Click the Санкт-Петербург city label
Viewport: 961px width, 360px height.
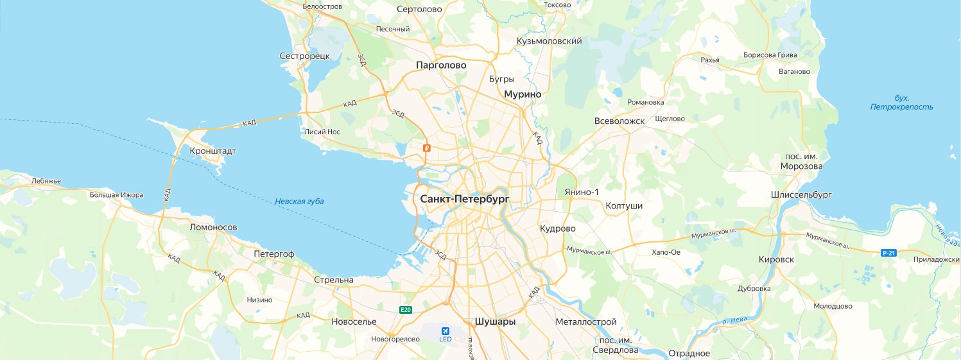click(465, 200)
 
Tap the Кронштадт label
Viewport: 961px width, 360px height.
click(213, 151)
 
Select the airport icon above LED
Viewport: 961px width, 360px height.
click(445, 330)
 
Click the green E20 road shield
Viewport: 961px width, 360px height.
click(405, 310)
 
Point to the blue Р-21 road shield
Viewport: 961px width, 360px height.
click(888, 253)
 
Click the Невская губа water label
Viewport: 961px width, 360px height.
click(299, 201)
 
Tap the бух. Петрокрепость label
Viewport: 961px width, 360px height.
click(901, 103)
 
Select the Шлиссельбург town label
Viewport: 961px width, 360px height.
click(801, 194)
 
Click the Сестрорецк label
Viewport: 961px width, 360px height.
click(304, 56)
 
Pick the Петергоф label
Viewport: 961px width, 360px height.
click(273, 254)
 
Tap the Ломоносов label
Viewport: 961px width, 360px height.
click(214, 227)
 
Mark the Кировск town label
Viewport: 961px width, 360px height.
click(776, 259)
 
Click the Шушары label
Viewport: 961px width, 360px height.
click(495, 321)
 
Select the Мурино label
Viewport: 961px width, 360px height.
click(523, 94)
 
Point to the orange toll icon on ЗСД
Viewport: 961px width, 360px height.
click(425, 148)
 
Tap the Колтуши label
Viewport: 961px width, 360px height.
click(624, 206)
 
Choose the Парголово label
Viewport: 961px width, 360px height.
click(441, 65)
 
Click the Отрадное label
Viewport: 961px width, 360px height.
click(689, 354)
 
